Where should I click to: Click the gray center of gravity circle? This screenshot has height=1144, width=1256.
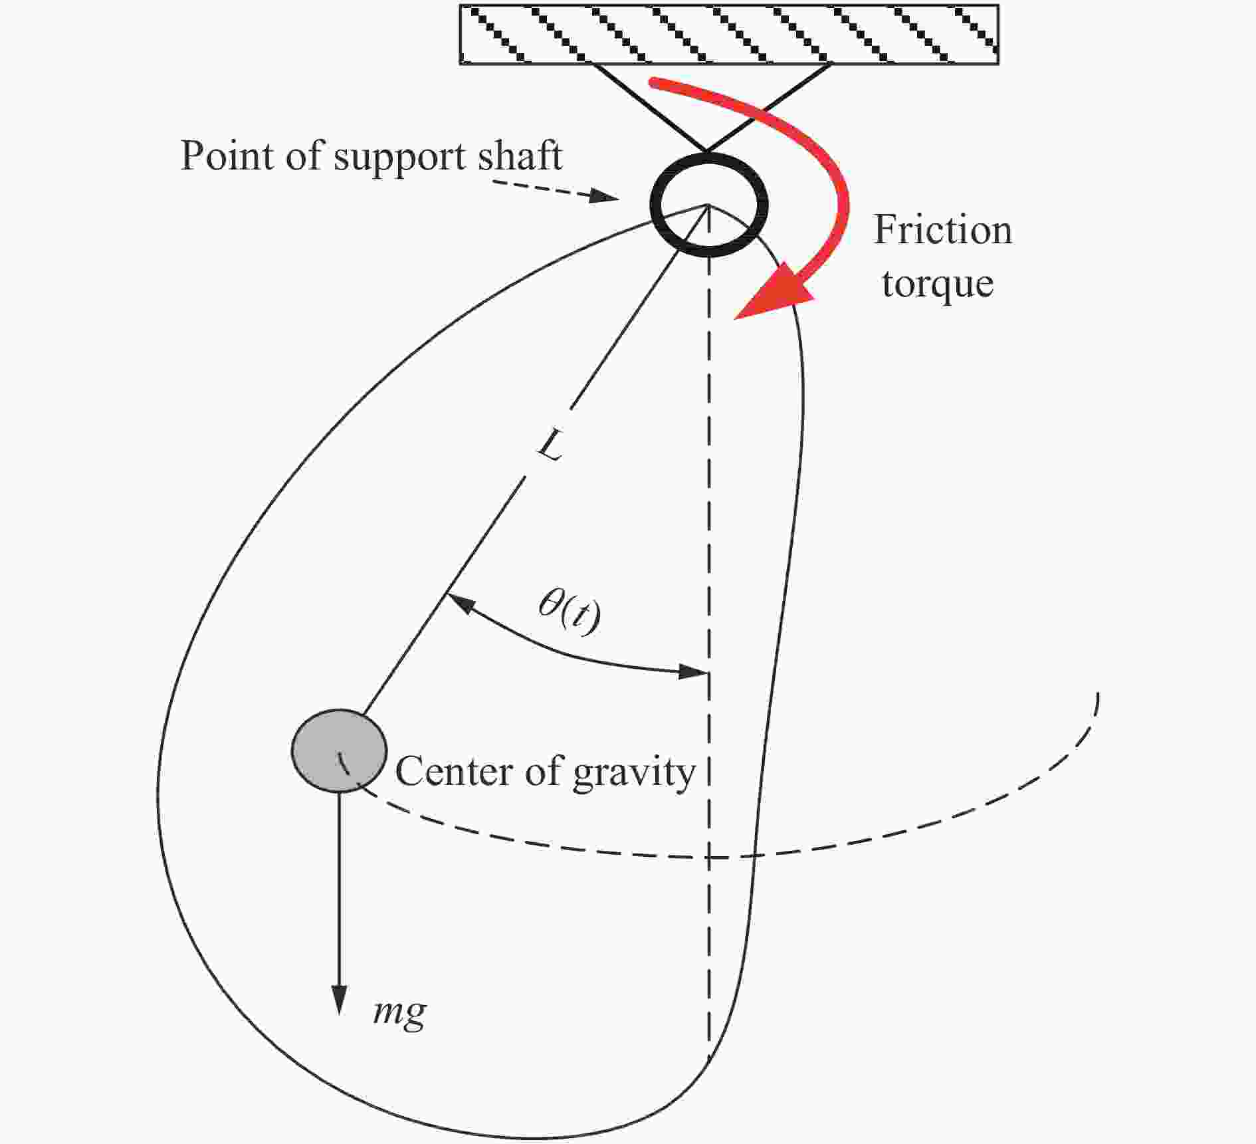pos(339,750)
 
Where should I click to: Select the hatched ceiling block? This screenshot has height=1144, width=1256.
pos(729,35)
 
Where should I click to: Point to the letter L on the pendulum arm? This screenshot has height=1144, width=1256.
pos(551,445)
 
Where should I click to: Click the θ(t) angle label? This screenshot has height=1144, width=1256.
pos(570,612)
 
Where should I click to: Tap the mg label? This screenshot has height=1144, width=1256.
pos(399,1012)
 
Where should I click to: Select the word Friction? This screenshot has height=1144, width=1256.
pos(942,230)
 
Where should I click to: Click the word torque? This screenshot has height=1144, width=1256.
pos(938,285)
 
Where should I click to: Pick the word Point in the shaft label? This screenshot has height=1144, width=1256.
pos(227,156)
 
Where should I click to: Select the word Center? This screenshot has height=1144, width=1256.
pos(455,772)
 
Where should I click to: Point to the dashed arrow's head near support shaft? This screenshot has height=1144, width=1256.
pos(605,196)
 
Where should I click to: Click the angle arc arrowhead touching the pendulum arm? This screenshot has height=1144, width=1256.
pos(461,603)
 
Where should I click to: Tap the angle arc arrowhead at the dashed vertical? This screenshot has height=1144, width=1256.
pos(692,671)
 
